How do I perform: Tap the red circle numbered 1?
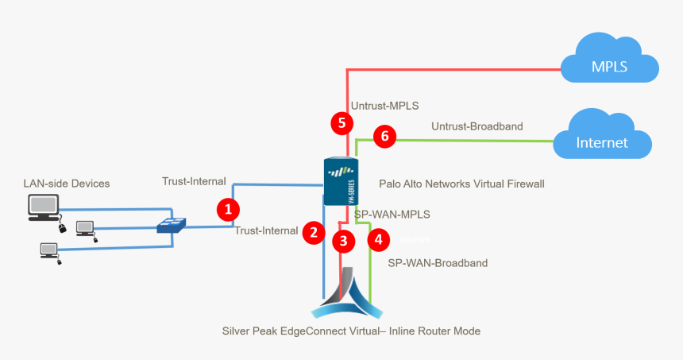pyautogui.click(x=229, y=210)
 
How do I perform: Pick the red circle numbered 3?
pyautogui.click(x=343, y=241)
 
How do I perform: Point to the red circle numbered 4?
pyautogui.click(x=379, y=238)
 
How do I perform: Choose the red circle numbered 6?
pyautogui.click(x=385, y=136)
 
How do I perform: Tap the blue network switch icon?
pyautogui.click(x=171, y=226)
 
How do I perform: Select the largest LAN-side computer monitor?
pyautogui.click(x=43, y=207)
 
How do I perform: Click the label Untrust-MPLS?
pyautogui.click(x=384, y=105)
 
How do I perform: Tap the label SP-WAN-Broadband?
pyautogui.click(x=437, y=262)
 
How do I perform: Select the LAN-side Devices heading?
pyautogui.click(x=66, y=184)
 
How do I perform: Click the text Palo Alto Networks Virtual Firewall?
pyautogui.click(x=461, y=184)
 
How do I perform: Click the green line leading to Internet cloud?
pyautogui.click(x=477, y=141)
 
